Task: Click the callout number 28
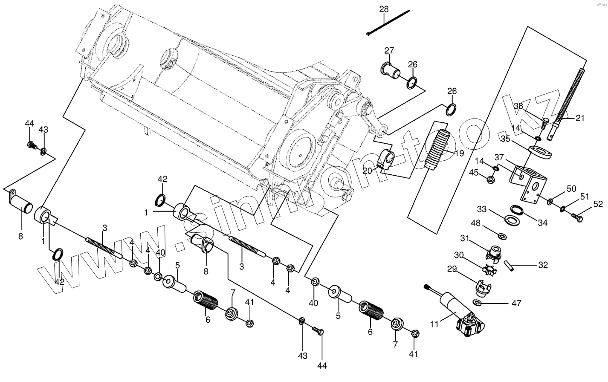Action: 384,9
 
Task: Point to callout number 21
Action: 580,118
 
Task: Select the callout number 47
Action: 516,303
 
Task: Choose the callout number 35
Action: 506,138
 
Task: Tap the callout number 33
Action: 481,209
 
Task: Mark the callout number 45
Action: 474,172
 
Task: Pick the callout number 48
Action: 476,223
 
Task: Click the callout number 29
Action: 452,269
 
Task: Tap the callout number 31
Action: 464,238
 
